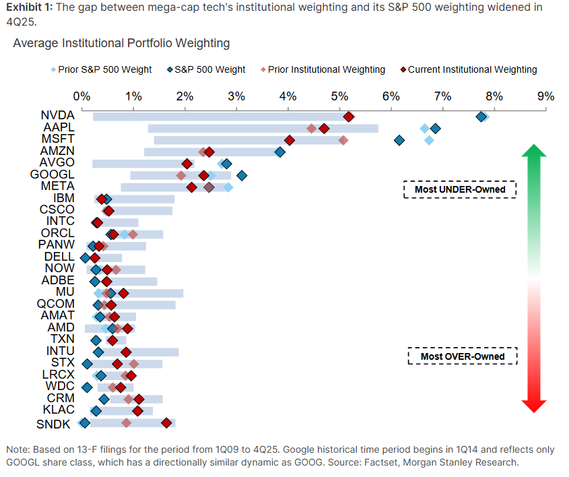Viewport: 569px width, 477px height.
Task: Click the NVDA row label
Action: click(57, 117)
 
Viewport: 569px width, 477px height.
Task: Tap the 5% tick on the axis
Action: click(340, 96)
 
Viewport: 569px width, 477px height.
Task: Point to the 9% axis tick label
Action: click(545, 96)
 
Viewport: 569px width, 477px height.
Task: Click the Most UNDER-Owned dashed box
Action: click(459, 189)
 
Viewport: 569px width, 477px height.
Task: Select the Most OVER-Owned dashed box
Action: click(462, 356)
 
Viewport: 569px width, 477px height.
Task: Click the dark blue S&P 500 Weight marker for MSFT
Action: click(399, 140)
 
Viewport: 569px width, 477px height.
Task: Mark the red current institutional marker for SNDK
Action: click(166, 422)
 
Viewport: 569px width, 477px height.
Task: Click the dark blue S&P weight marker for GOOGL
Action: click(242, 175)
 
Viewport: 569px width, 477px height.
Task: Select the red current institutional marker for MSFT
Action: click(290, 140)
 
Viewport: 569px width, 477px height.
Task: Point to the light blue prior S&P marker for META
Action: click(228, 187)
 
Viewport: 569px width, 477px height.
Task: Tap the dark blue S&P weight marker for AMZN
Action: click(279, 152)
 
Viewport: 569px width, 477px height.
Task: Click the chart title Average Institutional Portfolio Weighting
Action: click(121, 43)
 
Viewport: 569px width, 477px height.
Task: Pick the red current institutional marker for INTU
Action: click(126, 352)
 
